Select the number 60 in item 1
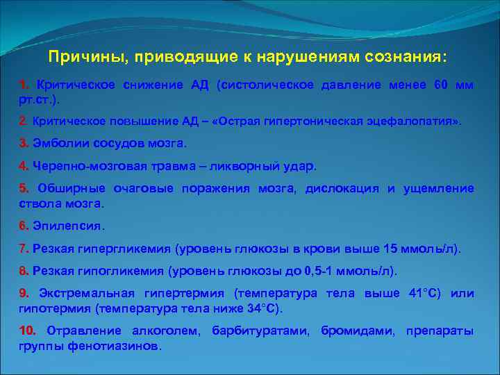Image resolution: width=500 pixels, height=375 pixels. [441, 85]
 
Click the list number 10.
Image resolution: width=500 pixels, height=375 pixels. [28, 331]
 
